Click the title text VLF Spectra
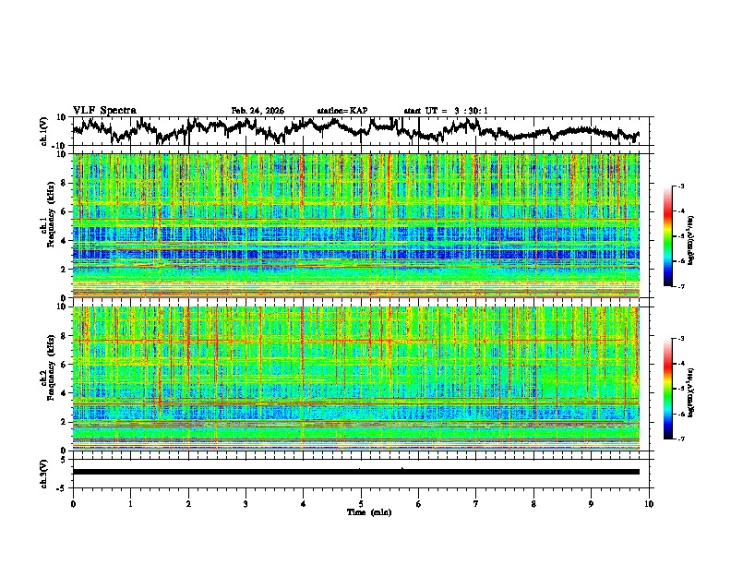point(104,110)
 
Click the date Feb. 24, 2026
point(258,111)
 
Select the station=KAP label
point(342,111)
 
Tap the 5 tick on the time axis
point(361,503)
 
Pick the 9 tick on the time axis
point(592,503)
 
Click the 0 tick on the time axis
point(73,503)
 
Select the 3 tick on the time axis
point(246,503)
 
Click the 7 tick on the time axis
point(476,503)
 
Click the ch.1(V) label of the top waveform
point(43,132)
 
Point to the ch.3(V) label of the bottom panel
point(43,472)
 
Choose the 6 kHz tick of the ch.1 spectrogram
point(66,211)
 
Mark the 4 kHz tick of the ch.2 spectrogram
point(66,393)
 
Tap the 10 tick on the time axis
point(649,503)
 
